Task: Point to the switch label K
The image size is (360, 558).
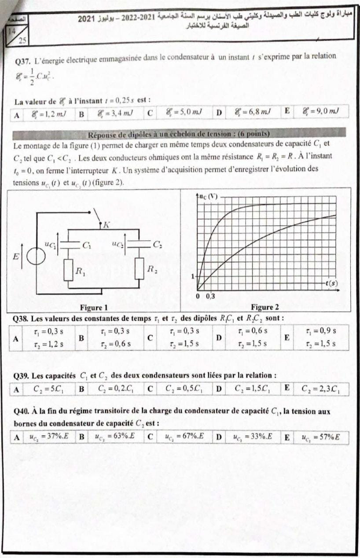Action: pos(106,225)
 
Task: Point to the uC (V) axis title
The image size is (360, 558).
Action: pos(209,197)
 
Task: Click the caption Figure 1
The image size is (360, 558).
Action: pos(93,307)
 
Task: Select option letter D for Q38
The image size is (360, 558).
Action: pos(219,338)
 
